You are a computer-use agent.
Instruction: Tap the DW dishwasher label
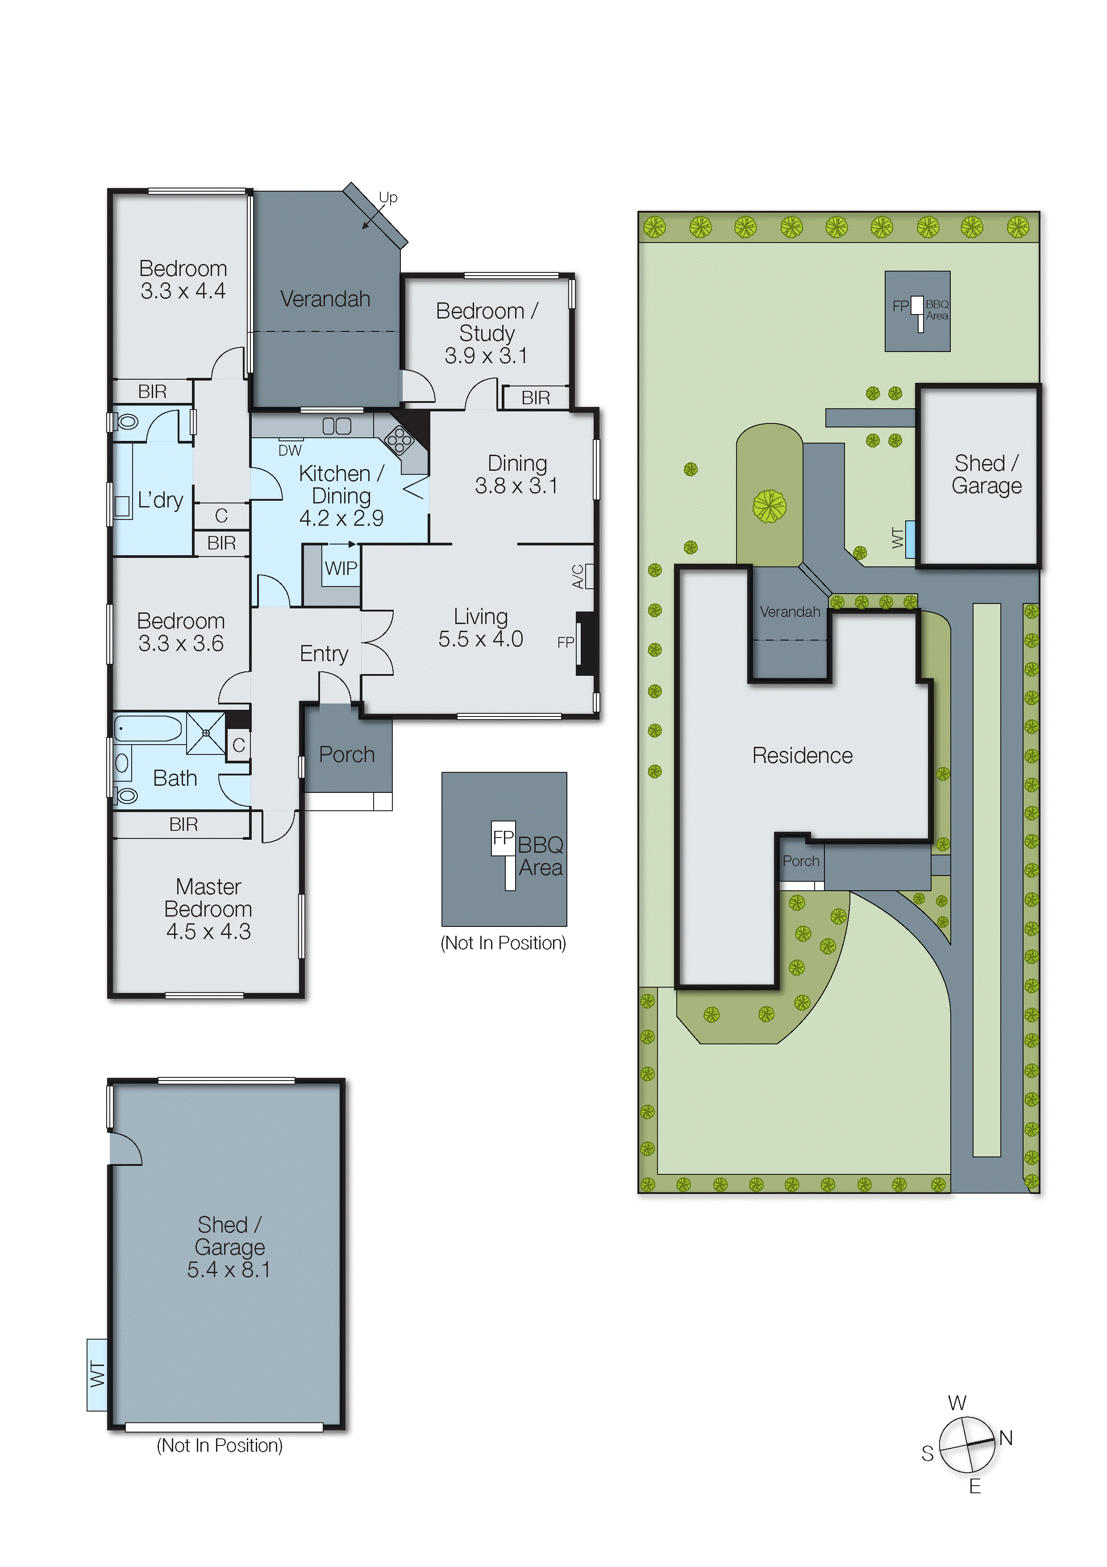pos(290,450)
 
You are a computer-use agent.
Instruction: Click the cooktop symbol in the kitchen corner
pos(399,440)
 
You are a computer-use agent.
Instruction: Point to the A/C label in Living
pos(578,577)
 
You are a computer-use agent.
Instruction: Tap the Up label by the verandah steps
pos(388,197)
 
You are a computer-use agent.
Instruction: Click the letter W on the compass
pos(957,1403)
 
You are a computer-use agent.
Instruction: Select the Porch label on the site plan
pos(801,861)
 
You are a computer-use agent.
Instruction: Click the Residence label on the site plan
pos(802,755)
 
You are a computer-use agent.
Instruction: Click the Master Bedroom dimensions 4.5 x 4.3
pos(209,931)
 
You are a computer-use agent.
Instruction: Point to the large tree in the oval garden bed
pos(770,506)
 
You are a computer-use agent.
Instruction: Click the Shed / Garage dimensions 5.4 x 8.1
pos(229,1270)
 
